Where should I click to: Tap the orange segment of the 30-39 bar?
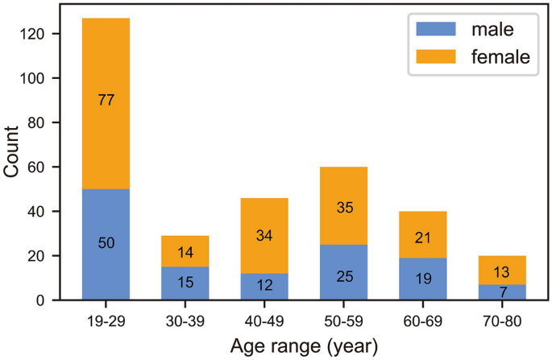[x=185, y=252]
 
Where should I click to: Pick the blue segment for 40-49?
[x=264, y=286]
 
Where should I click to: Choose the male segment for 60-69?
[x=422, y=279]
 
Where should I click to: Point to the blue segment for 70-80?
[x=501, y=292]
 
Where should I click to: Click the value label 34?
[x=264, y=236]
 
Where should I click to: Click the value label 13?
[x=501, y=270]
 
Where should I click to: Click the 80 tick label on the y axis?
[x=43, y=122]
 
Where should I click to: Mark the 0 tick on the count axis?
[x=47, y=300]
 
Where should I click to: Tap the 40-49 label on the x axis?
[x=264, y=321]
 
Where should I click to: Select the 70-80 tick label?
[x=501, y=321]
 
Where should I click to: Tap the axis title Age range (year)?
[x=303, y=346]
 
